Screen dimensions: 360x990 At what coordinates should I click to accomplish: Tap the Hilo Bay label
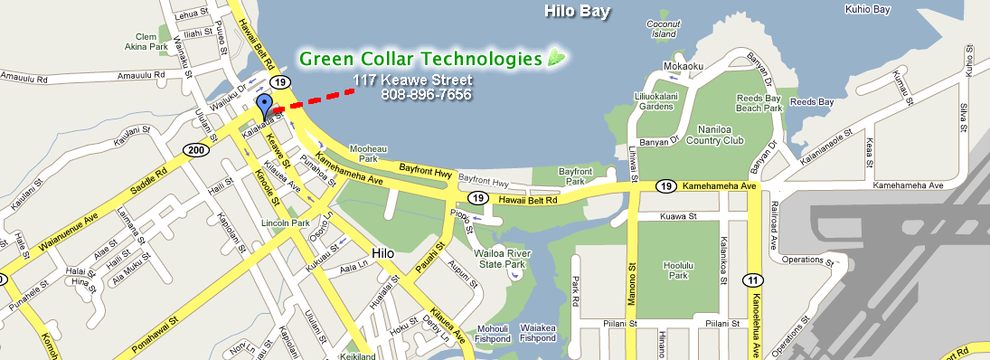coord(577,12)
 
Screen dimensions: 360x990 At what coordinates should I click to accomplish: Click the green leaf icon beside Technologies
coord(557,59)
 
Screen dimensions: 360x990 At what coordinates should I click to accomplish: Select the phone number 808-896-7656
coord(426,94)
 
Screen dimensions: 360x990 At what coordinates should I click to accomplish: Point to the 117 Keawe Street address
coord(412,81)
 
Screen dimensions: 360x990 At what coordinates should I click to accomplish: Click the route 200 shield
coord(193,150)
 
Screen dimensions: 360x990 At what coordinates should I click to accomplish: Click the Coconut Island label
coord(663,29)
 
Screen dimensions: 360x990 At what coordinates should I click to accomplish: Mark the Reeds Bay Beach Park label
coord(759,102)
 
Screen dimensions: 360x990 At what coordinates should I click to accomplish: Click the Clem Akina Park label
coord(146,40)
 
